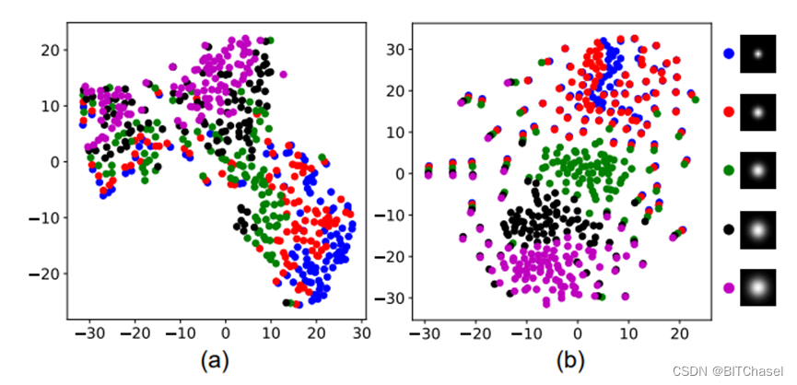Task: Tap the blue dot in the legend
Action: [729, 53]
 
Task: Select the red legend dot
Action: [729, 111]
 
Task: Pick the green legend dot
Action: [729, 170]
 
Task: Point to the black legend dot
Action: [729, 228]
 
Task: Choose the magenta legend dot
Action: [729, 287]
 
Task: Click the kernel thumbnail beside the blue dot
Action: [758, 53]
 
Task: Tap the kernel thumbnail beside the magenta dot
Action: [758, 287]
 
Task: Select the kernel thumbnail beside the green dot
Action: [758, 170]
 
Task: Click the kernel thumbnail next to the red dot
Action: [758, 111]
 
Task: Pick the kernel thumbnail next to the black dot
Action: [758, 228]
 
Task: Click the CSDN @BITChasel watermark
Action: [727, 370]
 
